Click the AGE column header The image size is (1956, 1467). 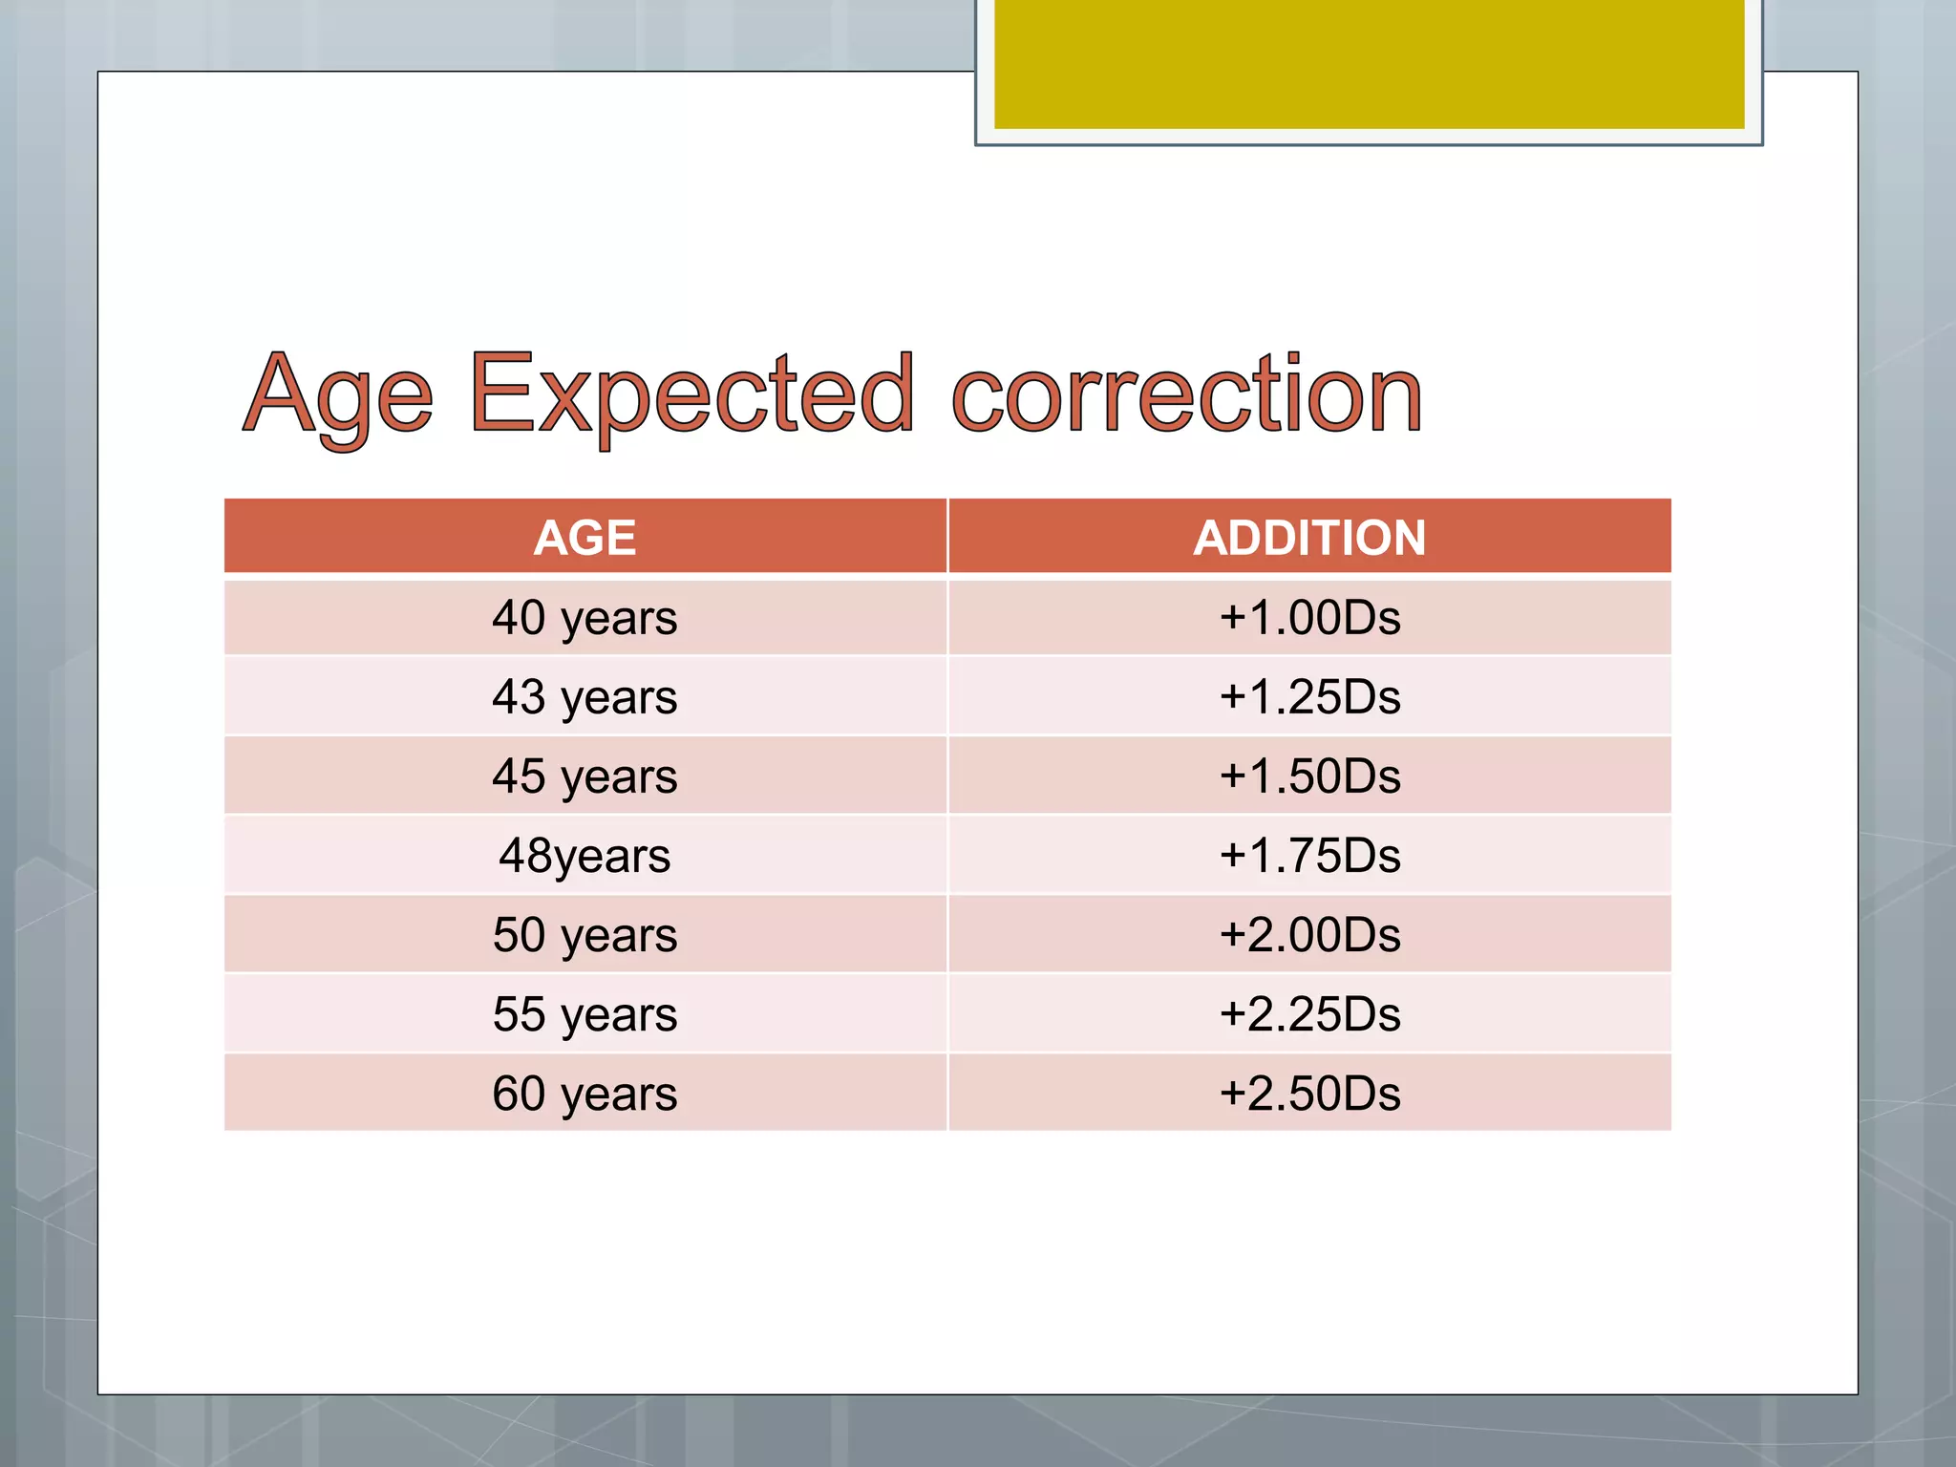pos(585,537)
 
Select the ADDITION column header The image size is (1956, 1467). pos(1309,537)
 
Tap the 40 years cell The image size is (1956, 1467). pos(585,617)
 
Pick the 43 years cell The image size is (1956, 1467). pos(585,696)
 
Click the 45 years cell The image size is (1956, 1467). pos(585,776)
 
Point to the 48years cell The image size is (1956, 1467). pos(585,855)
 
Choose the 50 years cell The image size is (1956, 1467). pos(585,934)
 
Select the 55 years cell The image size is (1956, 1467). pos(585,1013)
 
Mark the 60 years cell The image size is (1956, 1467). pos(585,1093)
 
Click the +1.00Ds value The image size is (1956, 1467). pos(1309,617)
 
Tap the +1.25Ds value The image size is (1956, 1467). pos(1309,696)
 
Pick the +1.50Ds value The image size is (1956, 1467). pos(1309,776)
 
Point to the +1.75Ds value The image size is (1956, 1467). pos(1309,855)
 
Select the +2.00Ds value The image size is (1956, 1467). pos(1309,934)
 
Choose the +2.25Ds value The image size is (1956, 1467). pos(1309,1013)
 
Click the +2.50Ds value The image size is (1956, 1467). pos(1309,1093)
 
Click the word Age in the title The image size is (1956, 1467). pos(339,396)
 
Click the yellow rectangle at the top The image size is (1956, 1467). pos(1369,63)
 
